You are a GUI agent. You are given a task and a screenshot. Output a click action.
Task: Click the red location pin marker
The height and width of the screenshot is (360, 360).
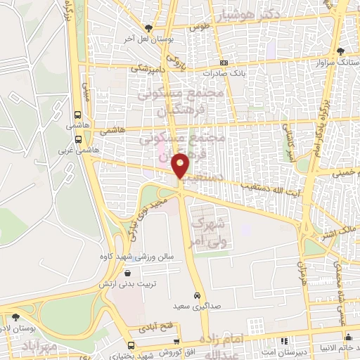click(x=181, y=165)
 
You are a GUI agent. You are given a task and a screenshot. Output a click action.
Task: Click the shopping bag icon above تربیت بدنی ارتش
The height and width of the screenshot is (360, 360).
click(x=127, y=273)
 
